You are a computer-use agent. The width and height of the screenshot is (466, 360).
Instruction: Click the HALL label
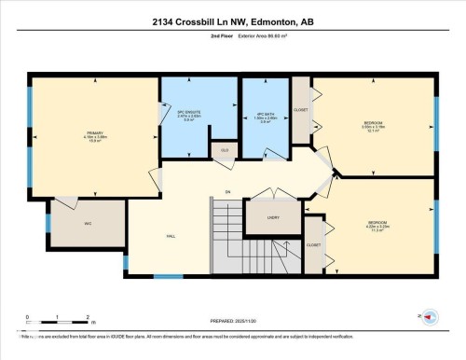click(172, 236)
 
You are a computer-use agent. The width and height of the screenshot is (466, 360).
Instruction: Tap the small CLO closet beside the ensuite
click(225, 150)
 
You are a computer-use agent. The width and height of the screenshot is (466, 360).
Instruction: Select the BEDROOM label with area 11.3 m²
click(377, 225)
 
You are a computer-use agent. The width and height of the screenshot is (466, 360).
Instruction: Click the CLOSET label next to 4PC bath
click(300, 110)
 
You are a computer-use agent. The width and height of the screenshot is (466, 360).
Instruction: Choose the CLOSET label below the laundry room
click(313, 245)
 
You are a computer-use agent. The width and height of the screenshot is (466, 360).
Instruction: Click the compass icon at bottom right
click(430, 317)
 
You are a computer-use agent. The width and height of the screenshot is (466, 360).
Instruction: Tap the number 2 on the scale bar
click(87, 318)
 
